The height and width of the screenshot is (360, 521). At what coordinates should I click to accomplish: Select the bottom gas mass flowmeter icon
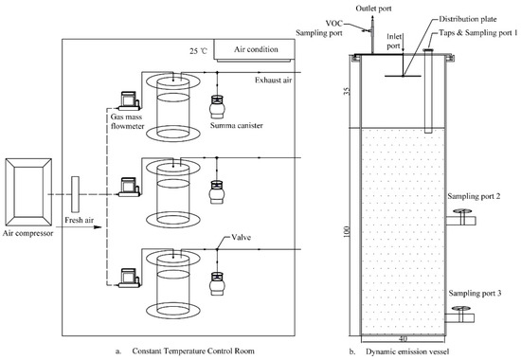click(x=124, y=279)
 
